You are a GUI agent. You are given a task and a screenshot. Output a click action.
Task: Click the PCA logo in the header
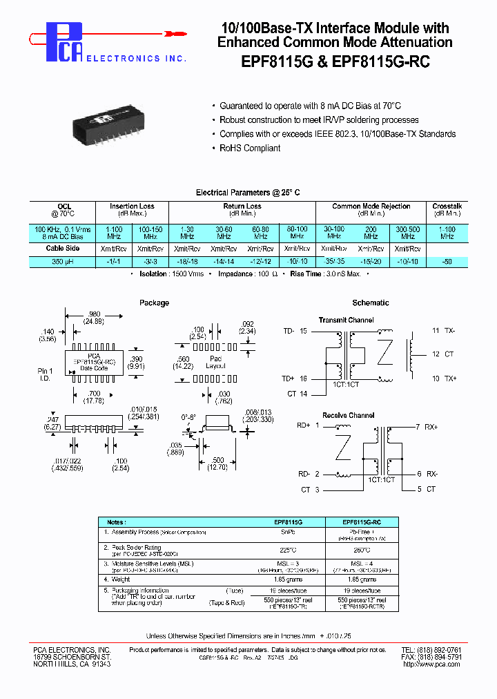(64, 41)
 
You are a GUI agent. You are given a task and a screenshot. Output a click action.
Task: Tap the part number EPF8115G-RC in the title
(383, 61)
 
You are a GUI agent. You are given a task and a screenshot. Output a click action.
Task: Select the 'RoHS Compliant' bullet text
(250, 149)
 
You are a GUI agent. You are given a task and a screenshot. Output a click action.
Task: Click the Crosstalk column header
(447, 206)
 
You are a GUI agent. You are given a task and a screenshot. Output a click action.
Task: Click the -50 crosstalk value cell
(447, 262)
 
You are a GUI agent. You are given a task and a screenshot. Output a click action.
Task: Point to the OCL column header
(64, 206)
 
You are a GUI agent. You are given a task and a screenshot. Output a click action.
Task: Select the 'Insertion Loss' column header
(133, 206)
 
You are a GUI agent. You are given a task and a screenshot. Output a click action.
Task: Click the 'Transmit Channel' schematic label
(346, 320)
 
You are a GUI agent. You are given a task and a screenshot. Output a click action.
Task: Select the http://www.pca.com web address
(431, 664)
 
